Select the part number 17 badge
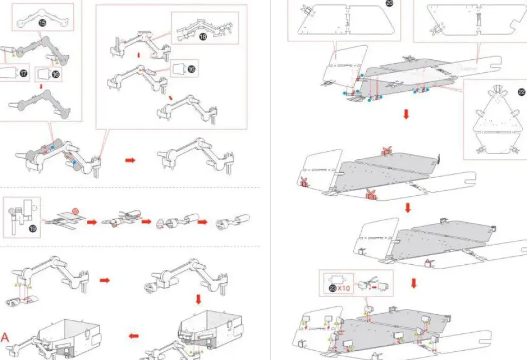tap(23, 73)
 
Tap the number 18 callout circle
tap(203, 36)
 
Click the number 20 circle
tap(390, 3)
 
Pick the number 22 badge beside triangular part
tap(507, 91)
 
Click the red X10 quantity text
tap(343, 288)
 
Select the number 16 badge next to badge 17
tap(55, 74)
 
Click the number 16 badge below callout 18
tap(191, 69)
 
